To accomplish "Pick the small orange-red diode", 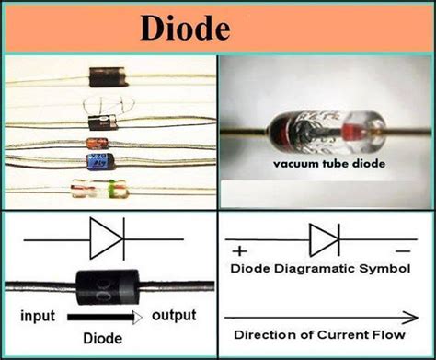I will tap(97, 144).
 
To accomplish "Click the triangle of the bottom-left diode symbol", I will tap(102, 239).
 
